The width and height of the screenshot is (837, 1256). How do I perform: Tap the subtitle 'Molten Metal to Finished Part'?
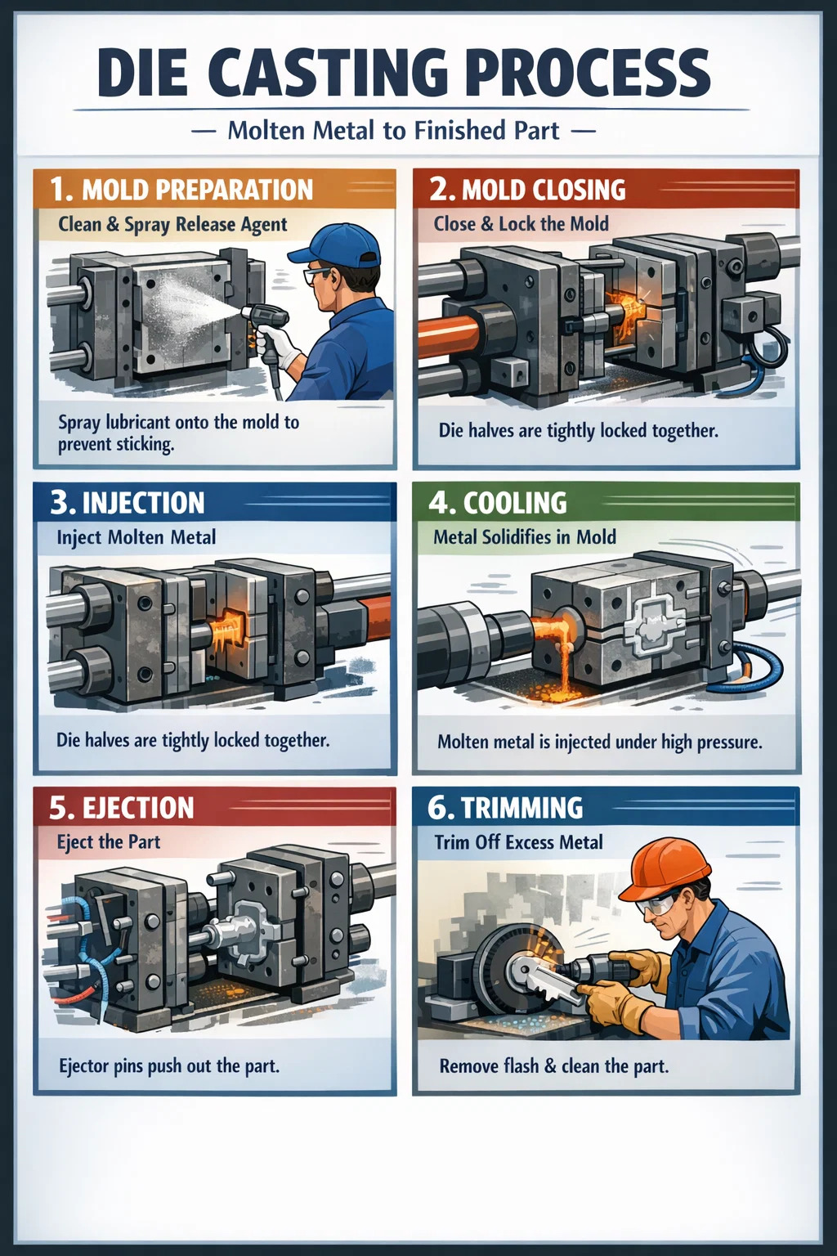click(393, 131)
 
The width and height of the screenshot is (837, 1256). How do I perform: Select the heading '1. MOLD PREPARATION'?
click(181, 190)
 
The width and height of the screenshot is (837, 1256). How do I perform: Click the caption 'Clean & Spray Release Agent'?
click(172, 225)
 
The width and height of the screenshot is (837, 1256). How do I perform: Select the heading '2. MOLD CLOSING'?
click(527, 190)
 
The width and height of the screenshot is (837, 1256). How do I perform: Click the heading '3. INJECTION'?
click(128, 502)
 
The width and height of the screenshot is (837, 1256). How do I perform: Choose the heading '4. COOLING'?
click(497, 502)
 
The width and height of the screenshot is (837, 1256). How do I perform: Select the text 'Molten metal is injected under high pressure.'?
click(599, 742)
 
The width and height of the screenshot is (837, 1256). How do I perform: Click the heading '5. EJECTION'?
click(122, 808)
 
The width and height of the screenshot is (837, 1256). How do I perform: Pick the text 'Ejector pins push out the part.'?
click(169, 1065)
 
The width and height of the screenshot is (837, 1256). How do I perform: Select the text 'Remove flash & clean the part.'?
click(554, 1065)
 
